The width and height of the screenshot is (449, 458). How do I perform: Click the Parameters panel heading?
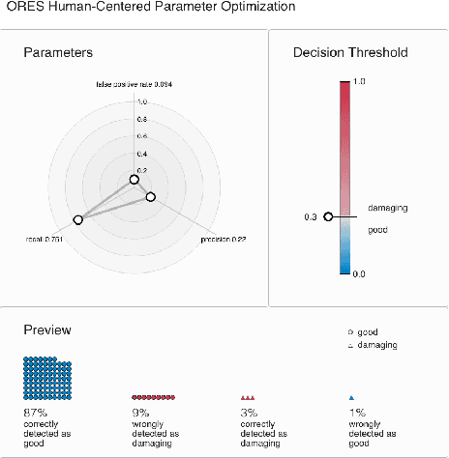(x=57, y=52)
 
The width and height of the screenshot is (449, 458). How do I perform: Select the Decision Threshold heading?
(x=350, y=52)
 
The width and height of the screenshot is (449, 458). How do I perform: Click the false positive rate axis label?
(x=134, y=85)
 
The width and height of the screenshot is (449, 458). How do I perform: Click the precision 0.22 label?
(x=222, y=238)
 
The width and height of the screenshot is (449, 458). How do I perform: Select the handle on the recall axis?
(x=78, y=219)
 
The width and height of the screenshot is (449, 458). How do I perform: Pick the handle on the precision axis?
(x=150, y=197)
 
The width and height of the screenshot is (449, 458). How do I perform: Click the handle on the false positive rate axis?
(x=134, y=179)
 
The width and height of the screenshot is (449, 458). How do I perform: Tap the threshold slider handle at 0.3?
(x=328, y=216)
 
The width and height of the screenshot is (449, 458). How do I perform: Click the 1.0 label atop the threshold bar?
(x=358, y=81)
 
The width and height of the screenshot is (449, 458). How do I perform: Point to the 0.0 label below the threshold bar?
(x=358, y=274)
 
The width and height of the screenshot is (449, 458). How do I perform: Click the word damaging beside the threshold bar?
(x=386, y=207)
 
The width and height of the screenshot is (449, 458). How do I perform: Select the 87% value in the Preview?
(x=33, y=410)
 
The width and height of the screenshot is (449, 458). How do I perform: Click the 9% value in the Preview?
(x=140, y=410)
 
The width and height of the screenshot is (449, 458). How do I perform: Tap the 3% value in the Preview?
(x=248, y=410)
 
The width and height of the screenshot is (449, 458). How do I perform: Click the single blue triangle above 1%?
(x=352, y=397)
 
